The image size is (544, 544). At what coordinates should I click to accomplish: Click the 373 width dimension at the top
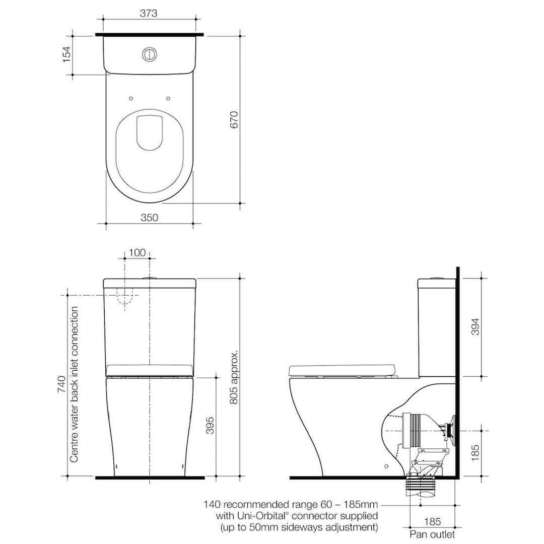(x=149, y=14)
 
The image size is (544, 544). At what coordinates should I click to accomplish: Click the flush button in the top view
(x=150, y=54)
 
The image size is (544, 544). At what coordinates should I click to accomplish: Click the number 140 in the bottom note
(x=212, y=504)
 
